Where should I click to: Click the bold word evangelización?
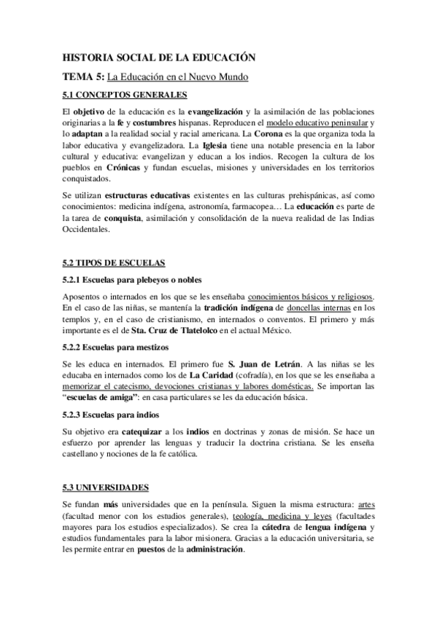pyautogui.click(x=215, y=112)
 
